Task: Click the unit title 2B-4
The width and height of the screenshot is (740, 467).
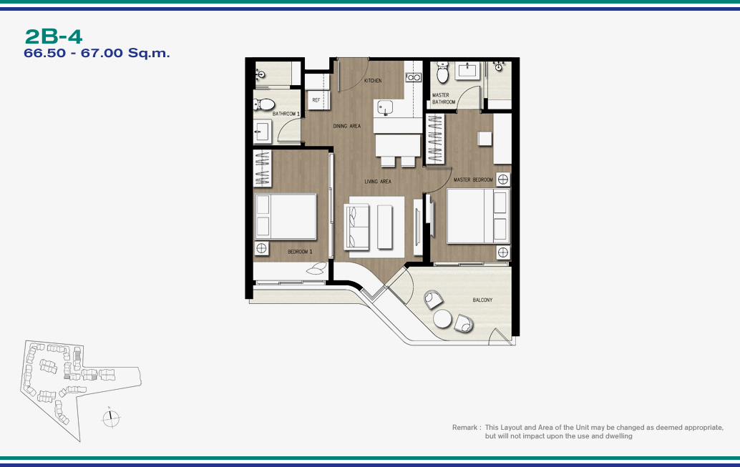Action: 54,36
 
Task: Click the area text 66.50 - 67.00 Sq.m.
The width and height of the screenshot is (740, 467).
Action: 97,53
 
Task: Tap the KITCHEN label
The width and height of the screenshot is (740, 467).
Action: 373,81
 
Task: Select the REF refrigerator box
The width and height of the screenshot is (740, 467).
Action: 316,100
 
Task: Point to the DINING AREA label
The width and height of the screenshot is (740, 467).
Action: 347,126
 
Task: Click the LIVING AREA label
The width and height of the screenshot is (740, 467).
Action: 378,182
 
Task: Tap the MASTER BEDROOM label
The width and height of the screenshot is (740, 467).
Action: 473,180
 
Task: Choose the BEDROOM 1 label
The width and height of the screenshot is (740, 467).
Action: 300,252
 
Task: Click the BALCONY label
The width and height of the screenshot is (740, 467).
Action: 482,300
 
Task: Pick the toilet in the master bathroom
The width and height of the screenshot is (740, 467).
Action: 443,72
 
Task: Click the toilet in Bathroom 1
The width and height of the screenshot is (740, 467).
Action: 264,104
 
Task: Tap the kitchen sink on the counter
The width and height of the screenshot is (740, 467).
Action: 384,108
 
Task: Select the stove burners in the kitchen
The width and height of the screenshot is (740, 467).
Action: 414,77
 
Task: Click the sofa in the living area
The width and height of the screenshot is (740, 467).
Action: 356,227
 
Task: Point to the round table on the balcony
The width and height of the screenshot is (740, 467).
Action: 443,318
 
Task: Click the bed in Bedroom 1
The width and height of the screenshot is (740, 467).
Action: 286,217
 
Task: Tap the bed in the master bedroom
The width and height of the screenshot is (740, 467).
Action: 478,216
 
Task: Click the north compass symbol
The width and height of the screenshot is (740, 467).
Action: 111,418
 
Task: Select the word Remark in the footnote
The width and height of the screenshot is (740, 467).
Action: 464,428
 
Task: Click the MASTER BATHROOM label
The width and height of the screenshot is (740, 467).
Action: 444,99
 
